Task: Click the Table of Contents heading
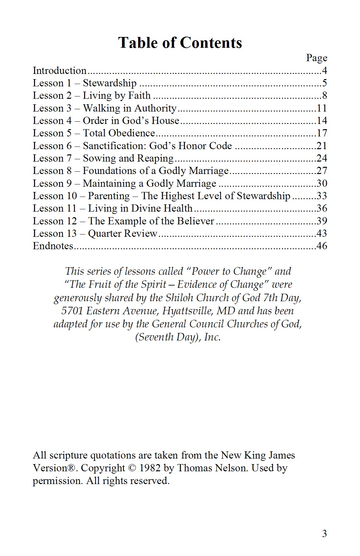[x=180, y=43]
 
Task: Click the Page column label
[x=316, y=58]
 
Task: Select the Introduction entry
[x=60, y=71]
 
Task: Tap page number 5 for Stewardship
[x=324, y=83]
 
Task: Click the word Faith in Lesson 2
[x=139, y=96]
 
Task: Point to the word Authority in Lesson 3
[x=155, y=108]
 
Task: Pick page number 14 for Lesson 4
[x=322, y=121]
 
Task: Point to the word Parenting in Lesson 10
[x=109, y=196]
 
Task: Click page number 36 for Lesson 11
[x=322, y=208]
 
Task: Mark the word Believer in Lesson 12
[x=195, y=221]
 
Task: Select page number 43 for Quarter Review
[x=322, y=234]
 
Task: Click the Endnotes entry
[x=53, y=246]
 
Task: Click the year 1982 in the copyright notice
[x=150, y=468]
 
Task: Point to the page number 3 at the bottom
[x=324, y=534]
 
